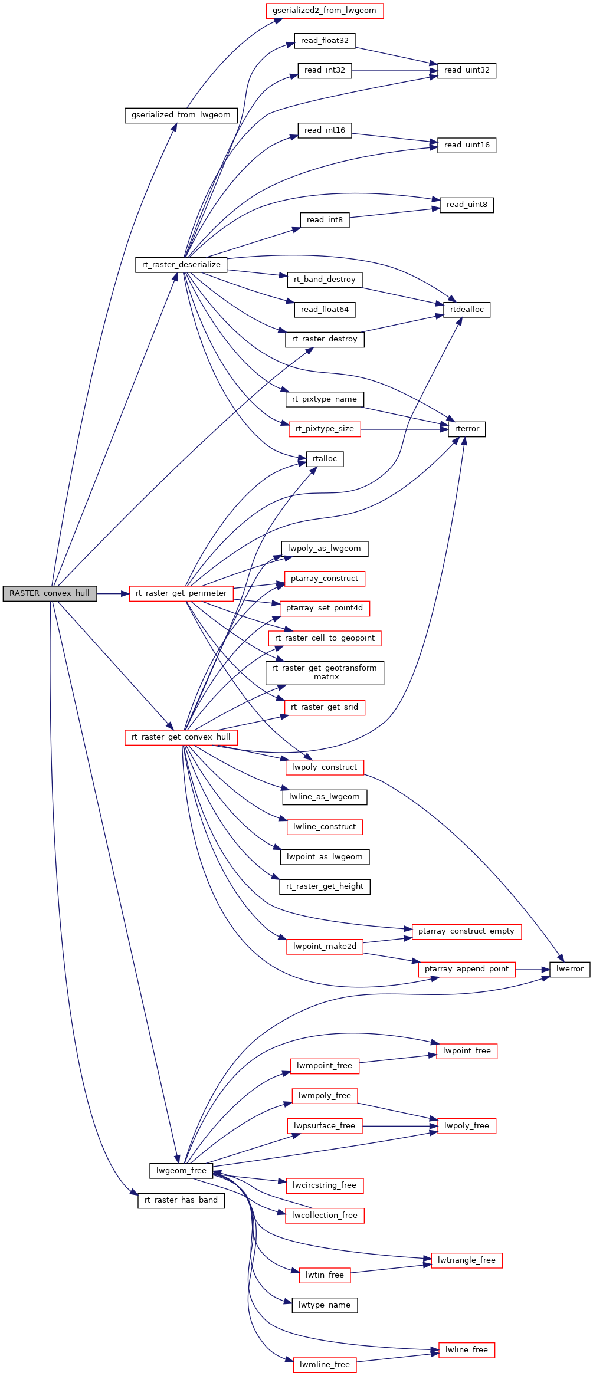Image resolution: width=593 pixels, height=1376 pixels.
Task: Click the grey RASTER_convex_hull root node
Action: click(x=50, y=593)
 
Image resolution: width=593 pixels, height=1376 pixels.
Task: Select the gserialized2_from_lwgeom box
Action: click(x=325, y=11)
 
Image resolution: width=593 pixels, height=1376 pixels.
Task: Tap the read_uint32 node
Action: click(x=467, y=70)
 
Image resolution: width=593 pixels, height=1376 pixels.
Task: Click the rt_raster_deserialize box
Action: click(x=181, y=265)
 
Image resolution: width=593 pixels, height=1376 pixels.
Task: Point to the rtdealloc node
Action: click(x=467, y=310)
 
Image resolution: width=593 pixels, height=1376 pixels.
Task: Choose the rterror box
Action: click(x=467, y=429)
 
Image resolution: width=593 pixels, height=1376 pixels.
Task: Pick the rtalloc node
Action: click(x=325, y=459)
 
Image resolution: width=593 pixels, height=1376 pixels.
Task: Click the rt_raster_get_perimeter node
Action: click(x=181, y=593)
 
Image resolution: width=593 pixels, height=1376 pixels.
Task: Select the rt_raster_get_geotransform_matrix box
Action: click(x=325, y=673)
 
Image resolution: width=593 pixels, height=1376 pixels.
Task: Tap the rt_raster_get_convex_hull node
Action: click(x=181, y=737)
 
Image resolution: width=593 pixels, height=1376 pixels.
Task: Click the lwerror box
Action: click(x=569, y=969)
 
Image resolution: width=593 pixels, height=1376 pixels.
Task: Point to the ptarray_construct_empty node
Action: click(x=466, y=931)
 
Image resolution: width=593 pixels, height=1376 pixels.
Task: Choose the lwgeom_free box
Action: click(x=181, y=1171)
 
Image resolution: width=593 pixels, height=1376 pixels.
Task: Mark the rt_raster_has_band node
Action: click(x=181, y=1200)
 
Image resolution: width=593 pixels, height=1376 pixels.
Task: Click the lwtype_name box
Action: click(x=325, y=1305)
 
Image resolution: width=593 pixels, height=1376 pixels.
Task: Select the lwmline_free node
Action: click(x=325, y=1365)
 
